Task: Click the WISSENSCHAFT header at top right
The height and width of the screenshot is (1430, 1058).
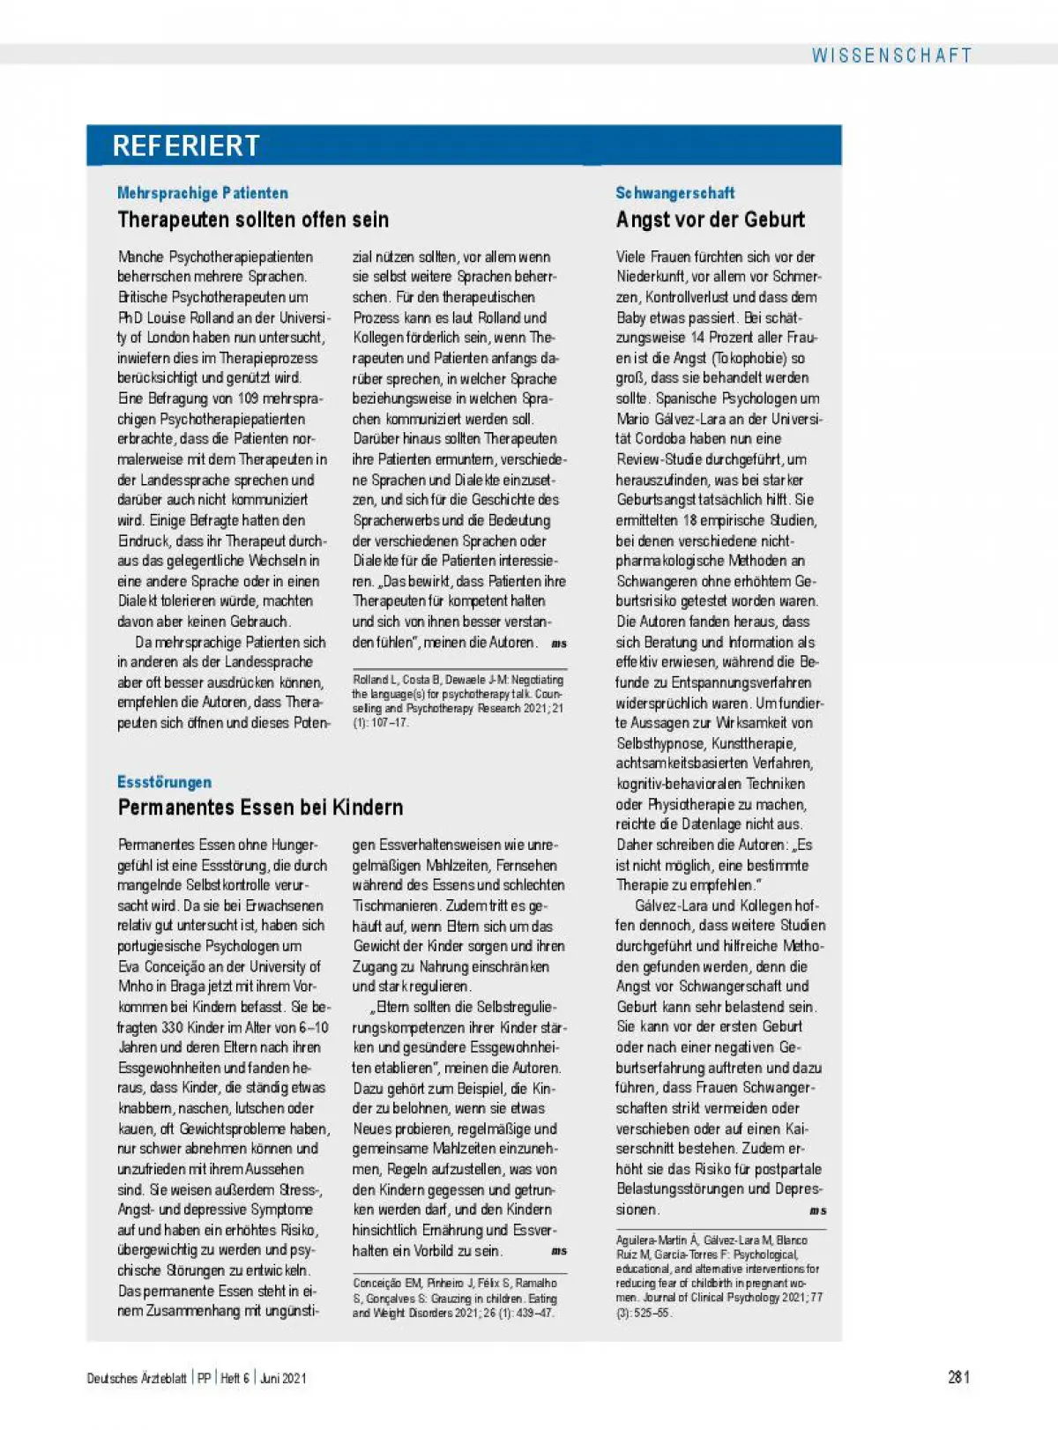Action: point(891,56)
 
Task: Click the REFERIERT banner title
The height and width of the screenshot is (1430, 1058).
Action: point(186,145)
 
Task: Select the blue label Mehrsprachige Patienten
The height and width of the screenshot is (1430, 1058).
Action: point(203,193)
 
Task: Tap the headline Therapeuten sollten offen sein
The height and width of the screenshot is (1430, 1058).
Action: point(253,220)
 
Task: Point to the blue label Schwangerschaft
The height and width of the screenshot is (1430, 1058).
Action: point(674,193)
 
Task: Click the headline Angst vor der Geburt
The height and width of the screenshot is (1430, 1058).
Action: point(711,220)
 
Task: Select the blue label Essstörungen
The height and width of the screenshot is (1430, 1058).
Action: point(164,782)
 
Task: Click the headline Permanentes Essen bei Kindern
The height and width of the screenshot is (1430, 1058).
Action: point(260,808)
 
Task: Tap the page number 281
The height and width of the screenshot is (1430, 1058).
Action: point(959,1377)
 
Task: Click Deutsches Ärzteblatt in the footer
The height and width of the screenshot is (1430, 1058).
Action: point(137,1378)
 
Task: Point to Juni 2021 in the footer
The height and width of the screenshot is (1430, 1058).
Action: point(283,1378)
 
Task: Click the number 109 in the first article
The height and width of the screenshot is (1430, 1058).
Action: point(248,398)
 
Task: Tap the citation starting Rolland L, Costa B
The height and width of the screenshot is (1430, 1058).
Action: point(458,701)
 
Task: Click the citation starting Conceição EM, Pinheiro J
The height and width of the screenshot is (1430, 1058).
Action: point(455,1298)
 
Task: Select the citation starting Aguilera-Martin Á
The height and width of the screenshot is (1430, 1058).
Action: point(719,1276)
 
